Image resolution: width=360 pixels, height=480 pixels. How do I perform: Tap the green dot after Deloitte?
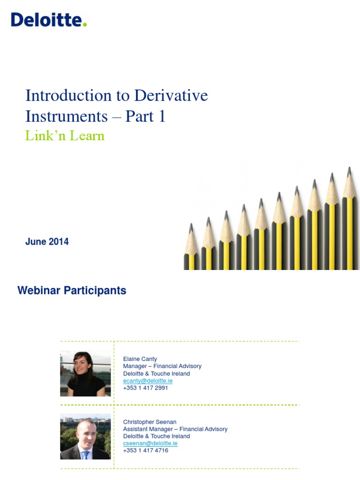[x=85, y=25]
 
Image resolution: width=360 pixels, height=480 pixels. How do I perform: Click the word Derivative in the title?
[x=171, y=96]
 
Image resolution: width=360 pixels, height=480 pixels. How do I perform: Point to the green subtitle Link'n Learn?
[x=65, y=136]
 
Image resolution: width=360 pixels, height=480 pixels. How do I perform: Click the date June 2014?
[x=47, y=242]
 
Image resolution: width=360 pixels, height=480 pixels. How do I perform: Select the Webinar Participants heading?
[x=72, y=291]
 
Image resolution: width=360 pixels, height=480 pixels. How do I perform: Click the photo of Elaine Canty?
[x=85, y=374]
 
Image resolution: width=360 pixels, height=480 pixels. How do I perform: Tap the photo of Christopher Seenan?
[x=85, y=436]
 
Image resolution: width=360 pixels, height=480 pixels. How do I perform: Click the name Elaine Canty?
[x=140, y=359]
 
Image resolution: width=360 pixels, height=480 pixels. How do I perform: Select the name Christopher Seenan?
[x=150, y=422]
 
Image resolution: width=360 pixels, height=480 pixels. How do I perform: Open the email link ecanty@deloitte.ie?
[x=148, y=381]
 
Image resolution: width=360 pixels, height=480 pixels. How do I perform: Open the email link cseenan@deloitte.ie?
[x=150, y=443]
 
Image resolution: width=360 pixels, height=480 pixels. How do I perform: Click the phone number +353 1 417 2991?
[x=145, y=388]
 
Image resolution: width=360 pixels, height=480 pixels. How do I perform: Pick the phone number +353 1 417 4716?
[x=145, y=450]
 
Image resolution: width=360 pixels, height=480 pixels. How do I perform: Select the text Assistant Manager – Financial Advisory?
[x=175, y=429]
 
